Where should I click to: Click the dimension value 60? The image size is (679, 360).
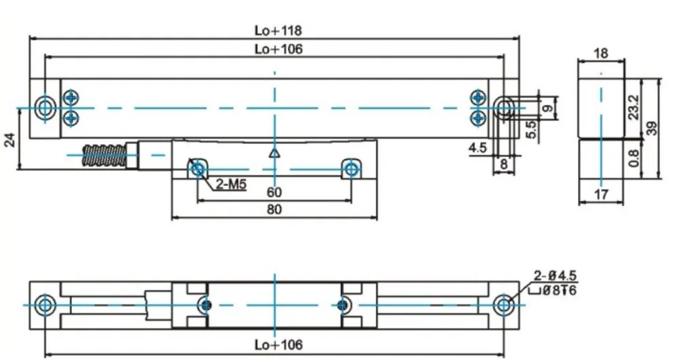click(274, 193)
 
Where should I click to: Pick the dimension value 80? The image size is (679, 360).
click(274, 211)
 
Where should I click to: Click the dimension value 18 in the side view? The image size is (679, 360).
click(600, 53)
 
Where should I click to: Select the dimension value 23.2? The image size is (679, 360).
click(634, 107)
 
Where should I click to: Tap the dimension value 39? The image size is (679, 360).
click(653, 128)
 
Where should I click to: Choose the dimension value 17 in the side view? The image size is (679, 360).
click(600, 196)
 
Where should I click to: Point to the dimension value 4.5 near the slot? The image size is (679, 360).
click(477, 147)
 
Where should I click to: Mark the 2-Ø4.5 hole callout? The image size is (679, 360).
click(555, 276)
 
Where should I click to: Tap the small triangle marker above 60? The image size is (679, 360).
click(274, 154)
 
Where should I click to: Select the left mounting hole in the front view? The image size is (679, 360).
click(45, 107)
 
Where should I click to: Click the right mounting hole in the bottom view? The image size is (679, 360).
click(502, 304)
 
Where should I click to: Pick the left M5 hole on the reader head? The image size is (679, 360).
click(198, 168)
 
